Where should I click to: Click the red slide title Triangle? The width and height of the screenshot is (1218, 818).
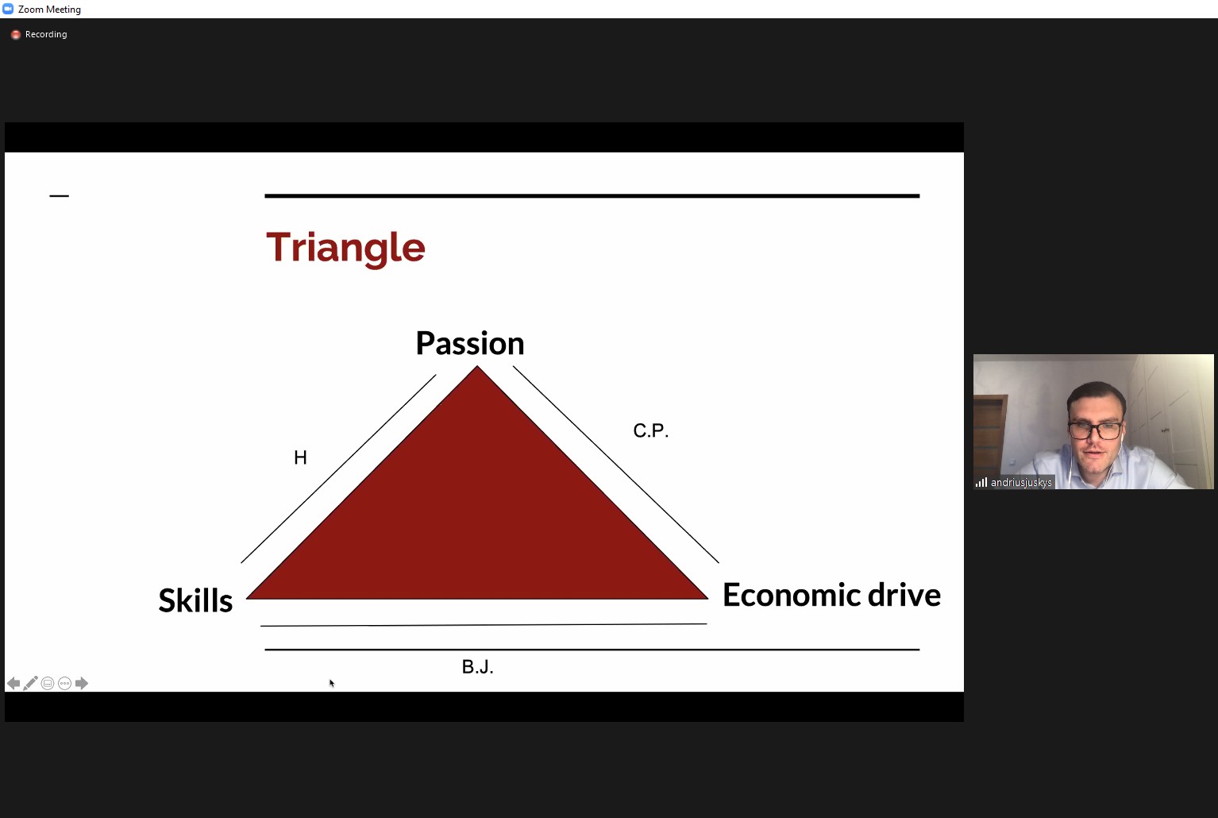(x=345, y=249)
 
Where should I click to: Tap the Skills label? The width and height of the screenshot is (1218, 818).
(x=195, y=600)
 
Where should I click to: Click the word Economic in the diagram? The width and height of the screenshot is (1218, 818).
(x=792, y=595)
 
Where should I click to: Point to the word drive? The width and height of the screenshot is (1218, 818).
(x=904, y=595)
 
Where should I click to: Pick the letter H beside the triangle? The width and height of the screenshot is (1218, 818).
(x=300, y=457)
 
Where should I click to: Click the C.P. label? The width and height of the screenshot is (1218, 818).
(x=651, y=430)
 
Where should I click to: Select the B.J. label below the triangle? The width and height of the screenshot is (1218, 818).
(x=477, y=667)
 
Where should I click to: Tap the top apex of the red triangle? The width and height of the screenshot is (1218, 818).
(x=477, y=366)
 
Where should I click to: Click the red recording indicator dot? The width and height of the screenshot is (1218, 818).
(x=16, y=34)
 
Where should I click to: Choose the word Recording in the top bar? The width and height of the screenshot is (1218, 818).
(x=46, y=34)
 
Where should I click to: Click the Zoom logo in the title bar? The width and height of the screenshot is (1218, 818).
(x=8, y=9)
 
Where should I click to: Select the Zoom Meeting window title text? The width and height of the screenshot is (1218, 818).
(x=49, y=10)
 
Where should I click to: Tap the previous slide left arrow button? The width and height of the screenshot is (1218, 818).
(x=13, y=684)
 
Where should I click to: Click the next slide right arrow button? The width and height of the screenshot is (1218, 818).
(x=82, y=684)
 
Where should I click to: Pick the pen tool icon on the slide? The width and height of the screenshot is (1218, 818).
(x=30, y=683)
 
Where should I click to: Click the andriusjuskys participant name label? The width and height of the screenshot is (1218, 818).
(x=1021, y=482)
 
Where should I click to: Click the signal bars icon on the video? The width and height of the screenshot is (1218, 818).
(x=981, y=482)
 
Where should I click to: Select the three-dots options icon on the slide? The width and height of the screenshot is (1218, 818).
(x=64, y=684)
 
